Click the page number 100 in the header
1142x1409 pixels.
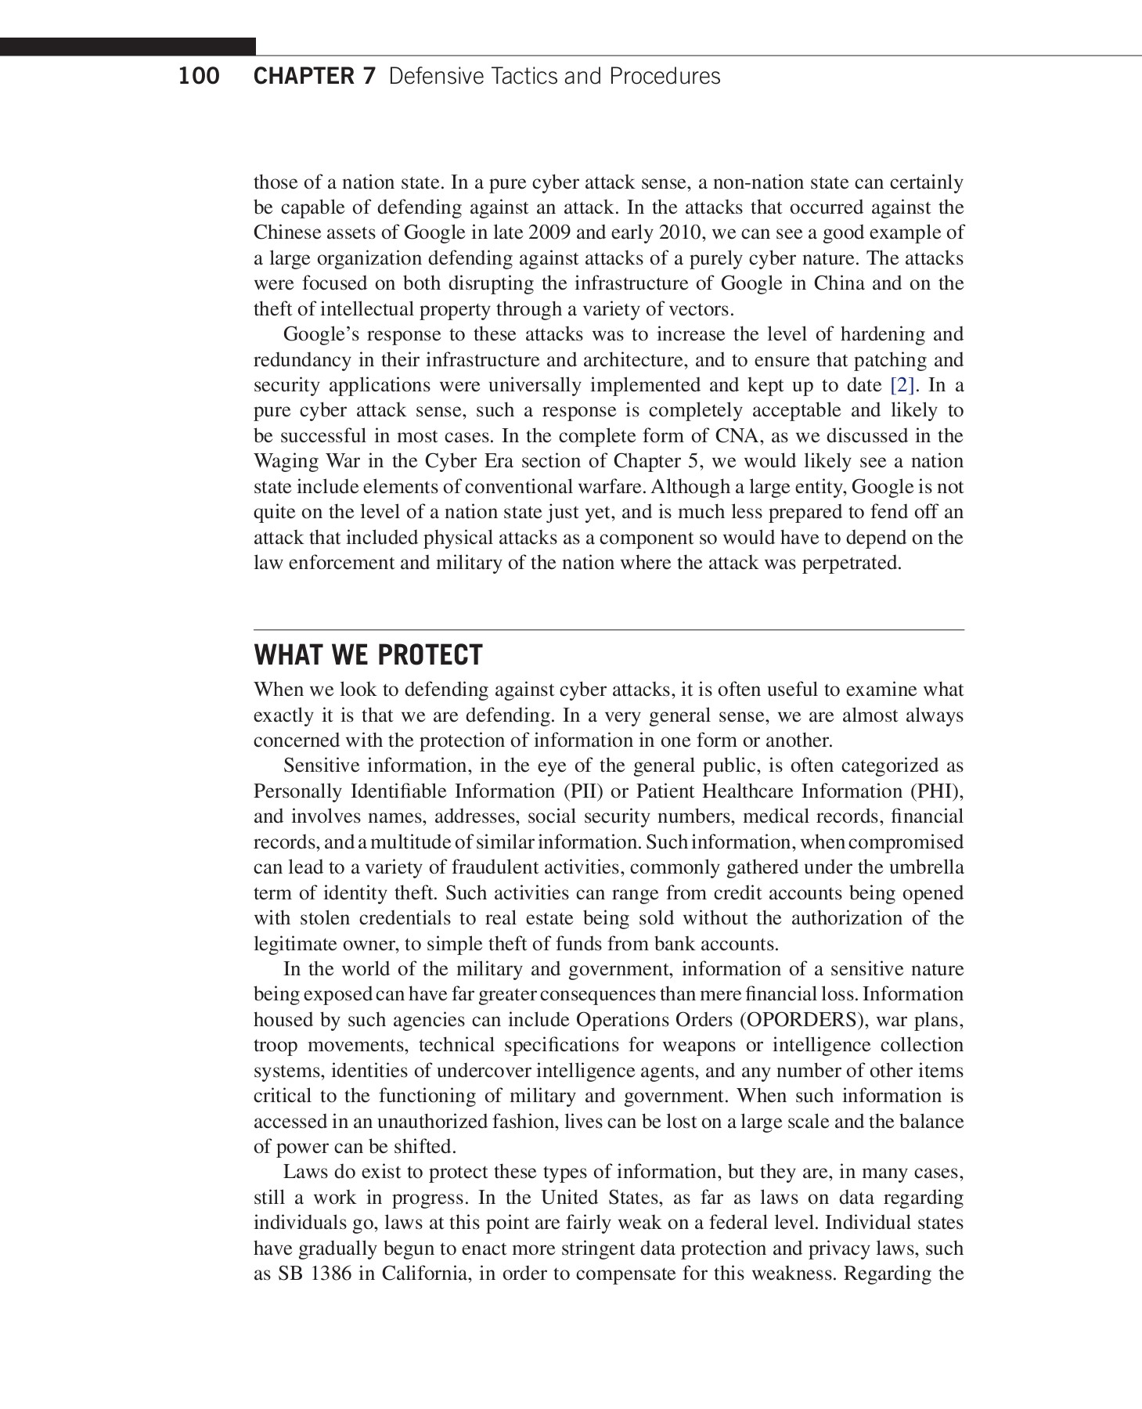pos(199,77)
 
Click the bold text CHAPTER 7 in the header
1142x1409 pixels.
pos(315,77)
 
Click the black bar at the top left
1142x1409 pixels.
pos(128,47)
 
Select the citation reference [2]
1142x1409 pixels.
pos(902,386)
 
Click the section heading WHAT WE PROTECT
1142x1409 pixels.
pos(368,655)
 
